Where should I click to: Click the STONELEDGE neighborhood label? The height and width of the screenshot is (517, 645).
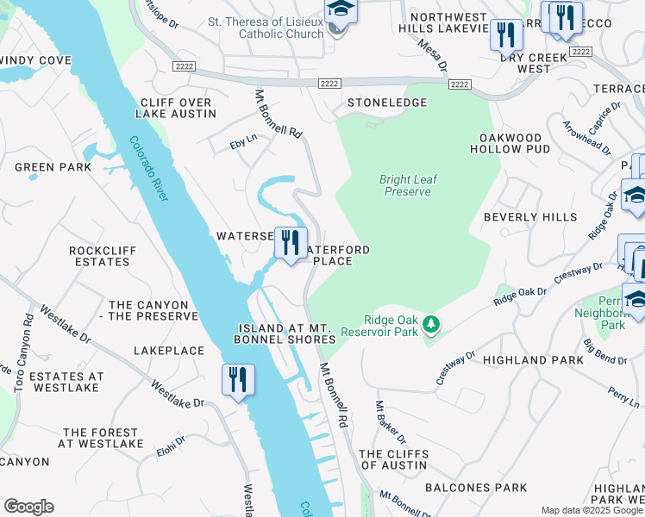tap(387, 103)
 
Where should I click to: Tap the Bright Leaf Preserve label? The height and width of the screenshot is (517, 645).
tap(409, 185)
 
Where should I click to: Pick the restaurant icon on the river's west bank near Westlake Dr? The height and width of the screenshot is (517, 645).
tap(237, 380)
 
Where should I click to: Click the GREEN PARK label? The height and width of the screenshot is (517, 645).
tap(53, 167)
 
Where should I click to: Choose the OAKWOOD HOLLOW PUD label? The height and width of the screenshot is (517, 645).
tap(510, 143)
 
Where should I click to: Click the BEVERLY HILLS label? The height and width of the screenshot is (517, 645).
tap(530, 217)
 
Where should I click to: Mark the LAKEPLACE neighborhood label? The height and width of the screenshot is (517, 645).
tap(169, 351)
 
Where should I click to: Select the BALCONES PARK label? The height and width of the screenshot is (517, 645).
tap(492, 488)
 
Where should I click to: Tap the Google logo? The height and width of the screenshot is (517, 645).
tap(28, 507)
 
